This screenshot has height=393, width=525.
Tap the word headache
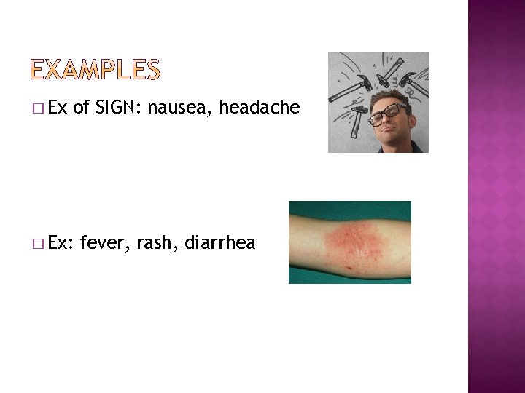click(260, 108)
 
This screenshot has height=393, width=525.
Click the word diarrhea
click(220, 242)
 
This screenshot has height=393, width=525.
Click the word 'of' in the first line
click(81, 108)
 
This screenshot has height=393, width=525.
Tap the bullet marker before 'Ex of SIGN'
click(38, 109)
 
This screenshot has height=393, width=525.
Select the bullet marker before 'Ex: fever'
click(38, 244)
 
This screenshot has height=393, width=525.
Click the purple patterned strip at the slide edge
click(496, 196)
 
